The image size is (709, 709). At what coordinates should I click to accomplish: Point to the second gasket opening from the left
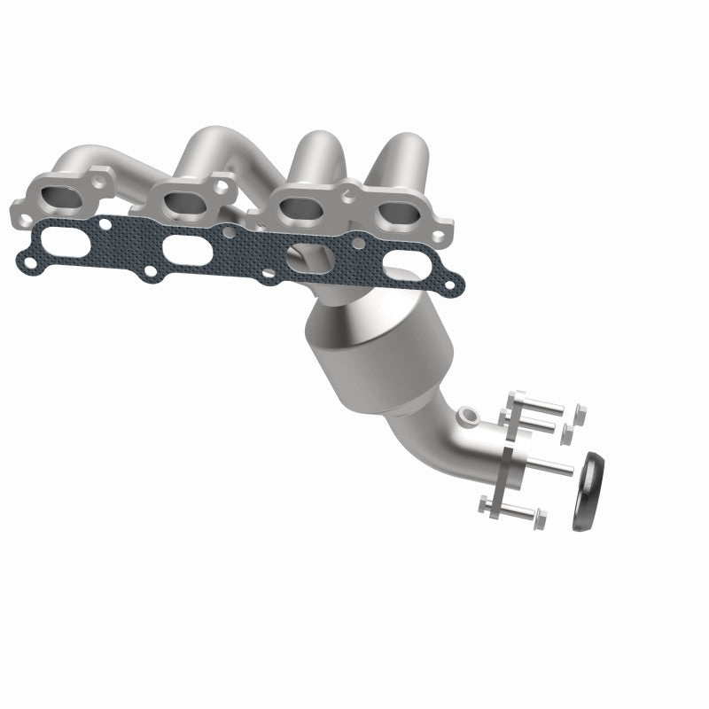(x=186, y=249)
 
